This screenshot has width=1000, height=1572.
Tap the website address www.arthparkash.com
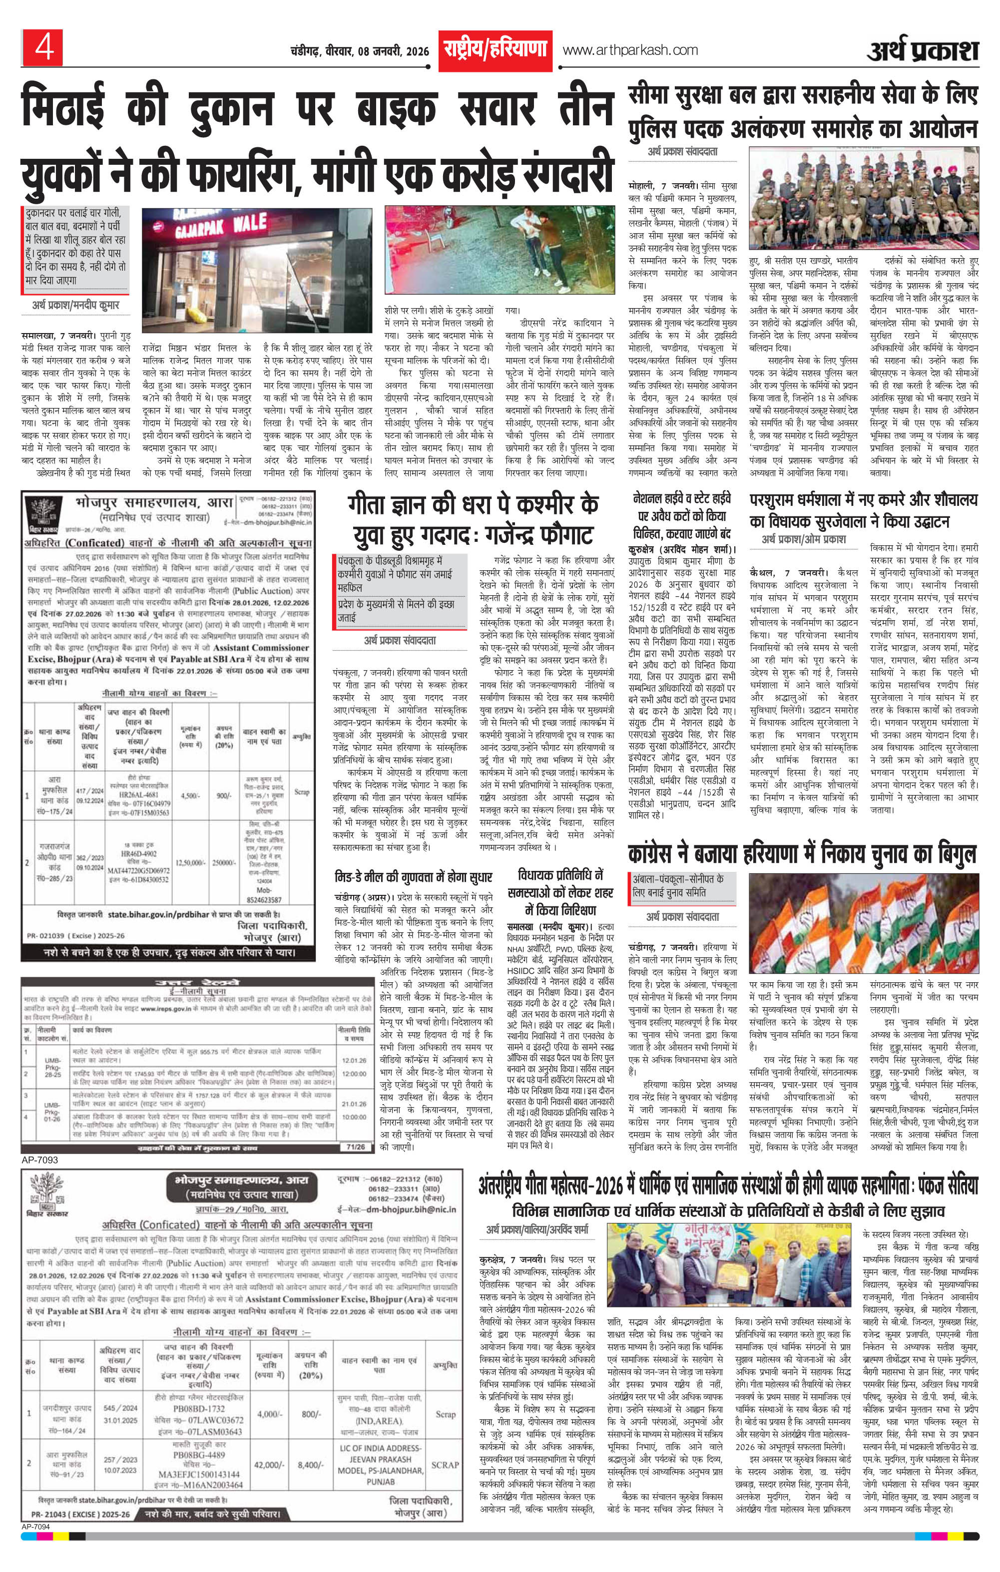click(630, 50)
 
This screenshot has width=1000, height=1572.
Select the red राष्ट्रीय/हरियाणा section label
click(495, 49)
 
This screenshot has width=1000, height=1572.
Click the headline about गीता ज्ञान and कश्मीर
click(473, 519)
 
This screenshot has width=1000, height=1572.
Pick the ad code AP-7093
click(40, 1160)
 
